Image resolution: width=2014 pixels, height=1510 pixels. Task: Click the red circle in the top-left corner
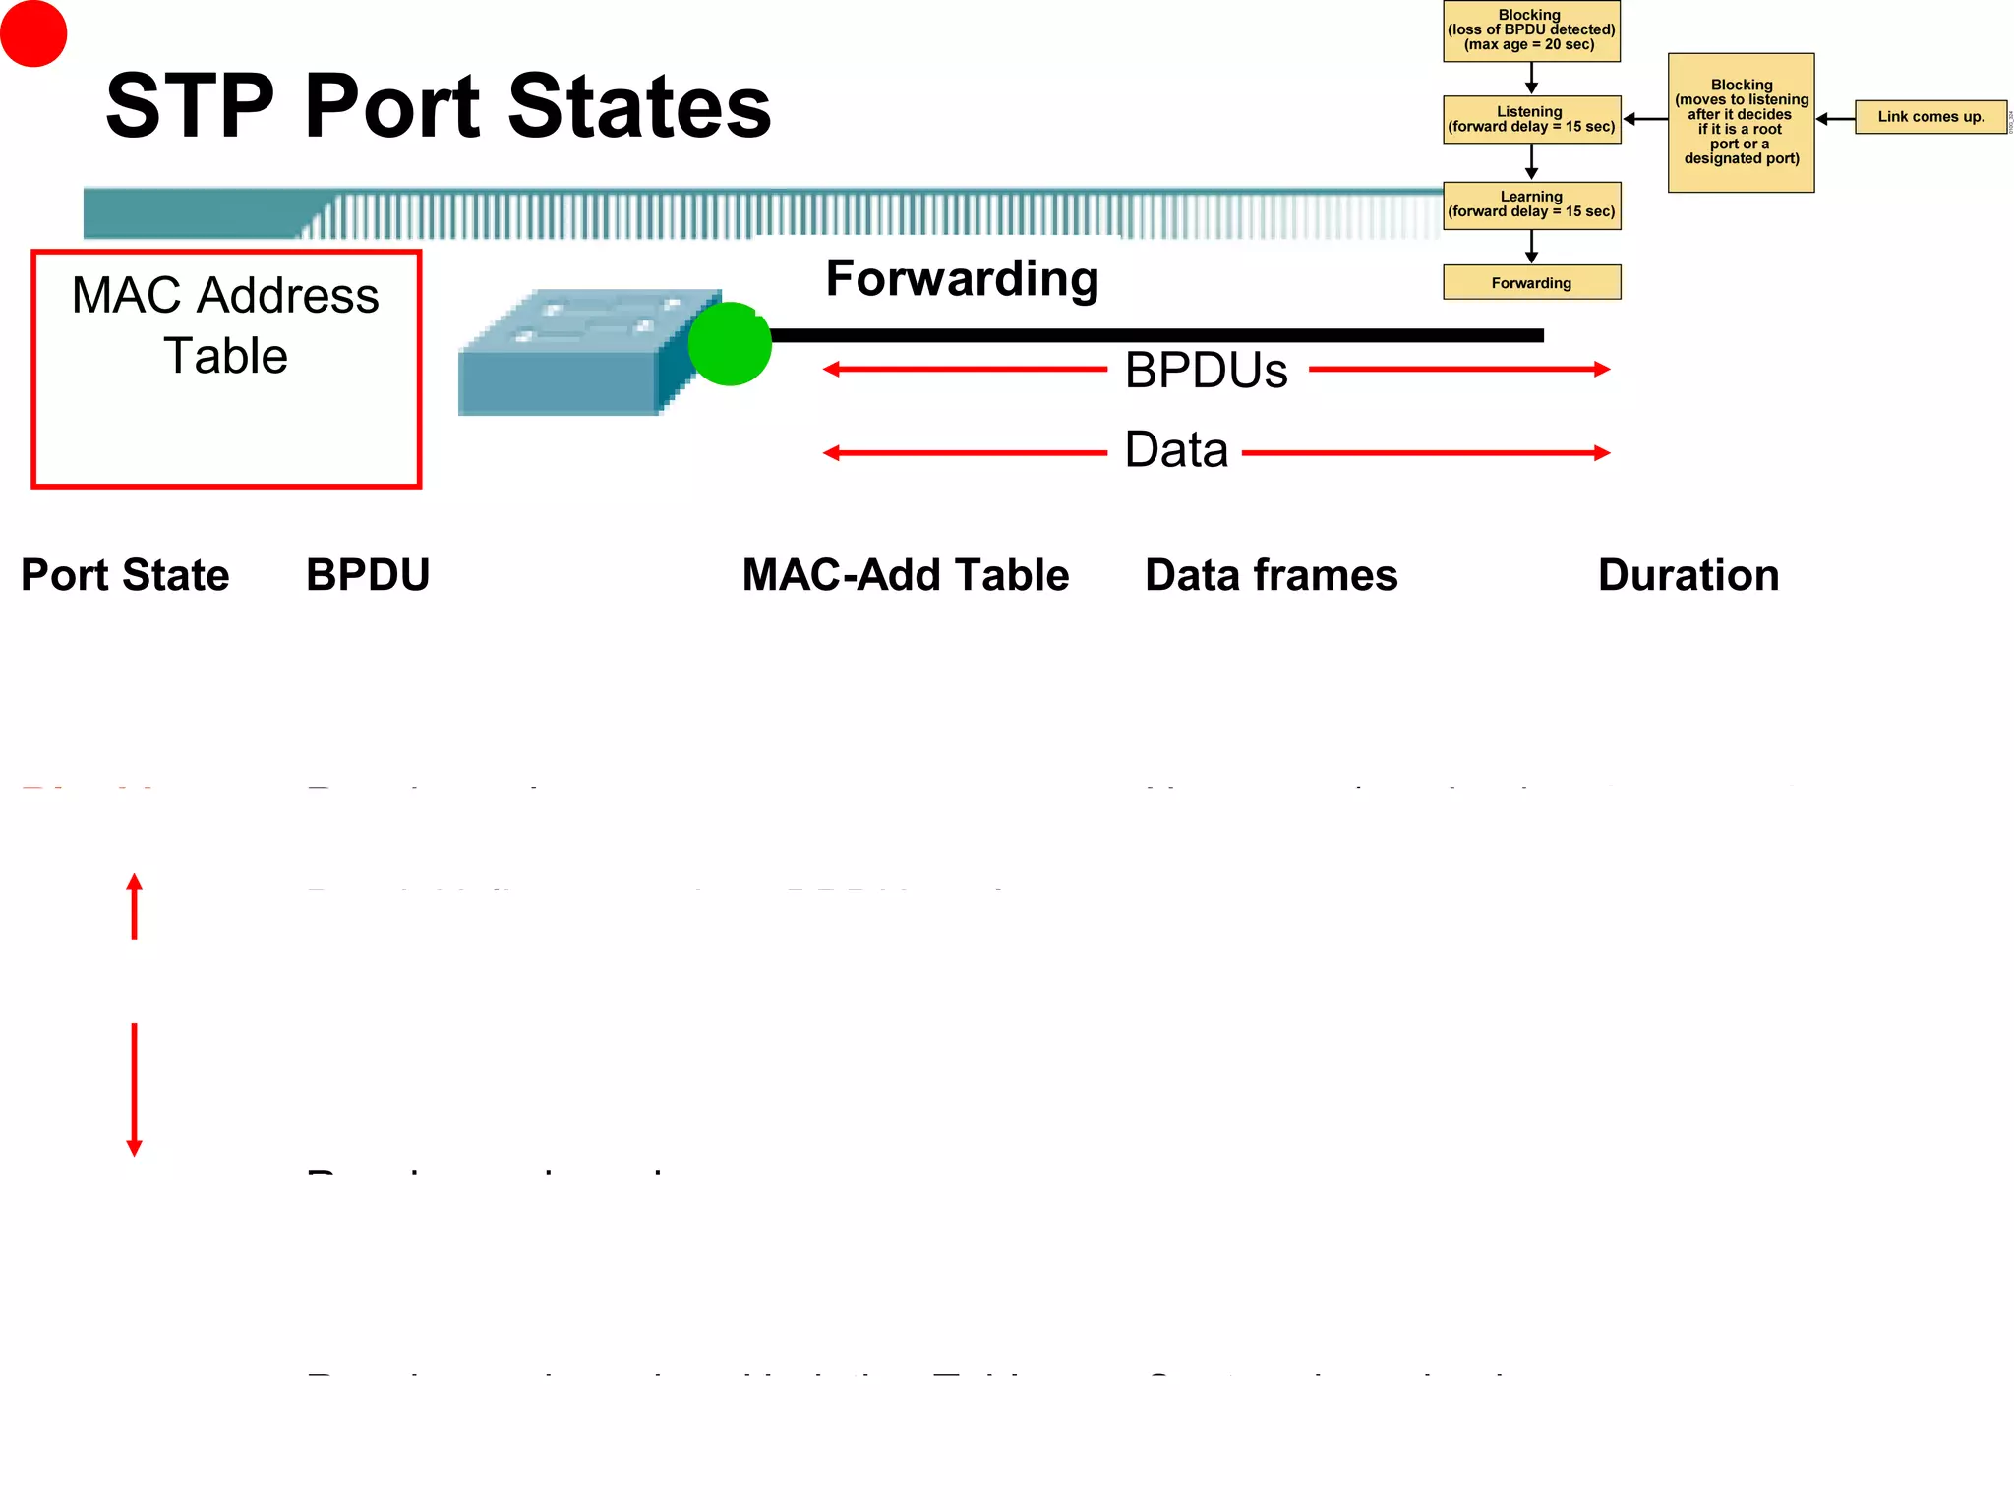(x=33, y=33)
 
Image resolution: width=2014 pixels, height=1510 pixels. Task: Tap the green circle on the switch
(x=730, y=344)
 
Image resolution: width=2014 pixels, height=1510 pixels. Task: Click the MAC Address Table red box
(x=226, y=369)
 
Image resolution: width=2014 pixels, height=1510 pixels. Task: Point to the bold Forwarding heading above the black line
(x=962, y=279)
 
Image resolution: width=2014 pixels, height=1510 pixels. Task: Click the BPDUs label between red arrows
(x=1206, y=371)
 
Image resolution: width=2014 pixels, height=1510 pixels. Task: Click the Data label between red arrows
(x=1176, y=450)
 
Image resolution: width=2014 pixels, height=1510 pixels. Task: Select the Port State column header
(x=125, y=575)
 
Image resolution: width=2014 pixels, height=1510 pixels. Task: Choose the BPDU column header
(x=368, y=575)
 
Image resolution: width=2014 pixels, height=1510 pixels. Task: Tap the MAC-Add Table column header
(x=905, y=575)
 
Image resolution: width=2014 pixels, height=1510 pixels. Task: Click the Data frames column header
(x=1271, y=575)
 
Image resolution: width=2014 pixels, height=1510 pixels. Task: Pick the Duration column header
(x=1688, y=575)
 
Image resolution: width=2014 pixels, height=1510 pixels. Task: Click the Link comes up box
(x=1930, y=117)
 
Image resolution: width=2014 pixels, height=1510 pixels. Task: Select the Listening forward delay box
(x=1531, y=119)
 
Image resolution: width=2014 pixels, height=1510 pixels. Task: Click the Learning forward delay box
(x=1531, y=204)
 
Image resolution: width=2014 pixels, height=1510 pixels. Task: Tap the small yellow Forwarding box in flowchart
(x=1531, y=282)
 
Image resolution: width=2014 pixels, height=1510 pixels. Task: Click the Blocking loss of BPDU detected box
(x=1531, y=30)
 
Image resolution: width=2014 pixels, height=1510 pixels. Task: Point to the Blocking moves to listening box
(x=1741, y=122)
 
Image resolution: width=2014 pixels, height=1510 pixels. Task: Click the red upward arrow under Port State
(x=135, y=906)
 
